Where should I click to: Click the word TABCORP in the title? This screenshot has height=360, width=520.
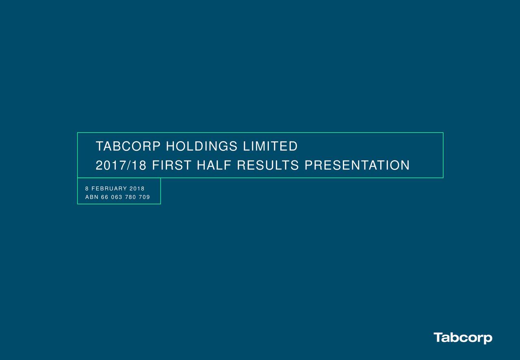click(128, 146)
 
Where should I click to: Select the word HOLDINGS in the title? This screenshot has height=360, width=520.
click(202, 146)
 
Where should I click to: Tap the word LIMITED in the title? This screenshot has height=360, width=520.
click(270, 146)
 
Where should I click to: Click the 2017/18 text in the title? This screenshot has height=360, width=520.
click(121, 165)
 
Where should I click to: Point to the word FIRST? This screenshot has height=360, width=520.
click(171, 165)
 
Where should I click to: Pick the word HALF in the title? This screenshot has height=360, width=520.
click(214, 165)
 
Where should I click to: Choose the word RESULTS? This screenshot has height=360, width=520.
click(268, 165)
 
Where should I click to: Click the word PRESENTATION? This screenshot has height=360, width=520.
click(357, 165)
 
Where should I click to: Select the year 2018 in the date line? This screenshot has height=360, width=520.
click(137, 189)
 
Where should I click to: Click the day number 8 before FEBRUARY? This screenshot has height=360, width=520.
click(87, 189)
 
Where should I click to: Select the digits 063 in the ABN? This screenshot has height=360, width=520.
click(117, 197)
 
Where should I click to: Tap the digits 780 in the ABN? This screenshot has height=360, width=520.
click(130, 197)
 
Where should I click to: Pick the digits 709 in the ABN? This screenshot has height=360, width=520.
click(144, 197)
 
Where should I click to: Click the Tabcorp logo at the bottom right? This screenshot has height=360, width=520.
click(463, 338)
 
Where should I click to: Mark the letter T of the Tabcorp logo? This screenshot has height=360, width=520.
click(438, 337)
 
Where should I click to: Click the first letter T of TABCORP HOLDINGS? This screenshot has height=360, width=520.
click(99, 146)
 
